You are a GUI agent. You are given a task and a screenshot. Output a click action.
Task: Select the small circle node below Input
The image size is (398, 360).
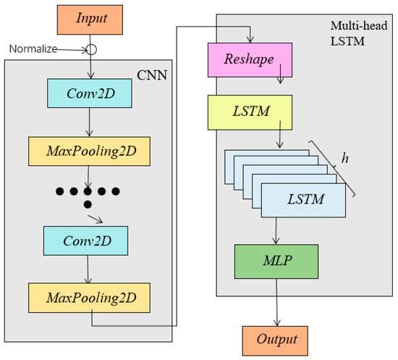click(x=92, y=49)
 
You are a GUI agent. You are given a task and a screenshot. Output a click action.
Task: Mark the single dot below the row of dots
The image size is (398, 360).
click(x=88, y=205)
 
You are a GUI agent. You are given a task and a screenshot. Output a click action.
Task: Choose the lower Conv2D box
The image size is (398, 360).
click(x=87, y=238)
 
